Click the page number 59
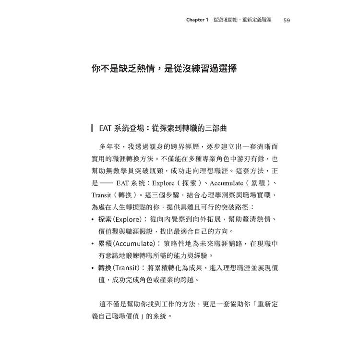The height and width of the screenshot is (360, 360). (x=287, y=20)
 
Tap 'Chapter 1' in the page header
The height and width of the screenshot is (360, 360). (x=197, y=20)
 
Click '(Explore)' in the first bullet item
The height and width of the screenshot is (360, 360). (x=129, y=220)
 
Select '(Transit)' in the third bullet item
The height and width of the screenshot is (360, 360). (x=128, y=268)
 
